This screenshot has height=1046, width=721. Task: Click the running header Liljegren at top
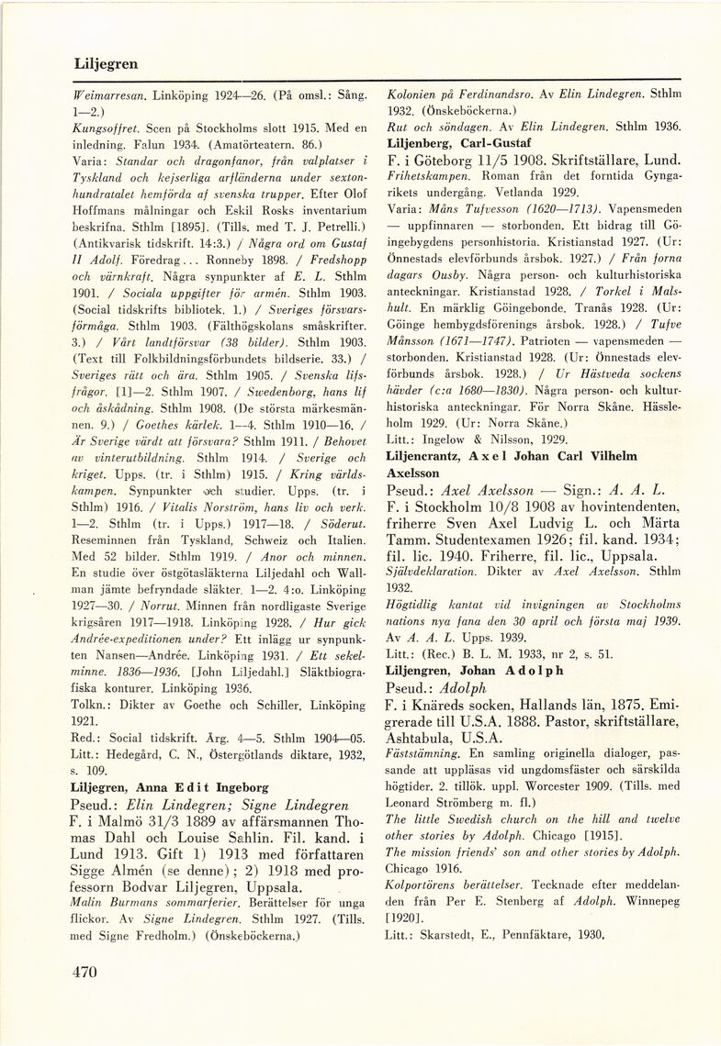(x=106, y=63)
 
